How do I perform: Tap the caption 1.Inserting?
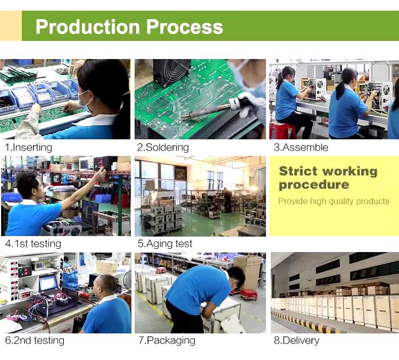(x=29, y=147)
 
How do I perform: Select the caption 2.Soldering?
(x=163, y=147)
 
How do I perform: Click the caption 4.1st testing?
(x=33, y=244)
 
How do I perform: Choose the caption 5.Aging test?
(x=165, y=244)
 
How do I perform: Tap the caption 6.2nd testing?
(x=35, y=340)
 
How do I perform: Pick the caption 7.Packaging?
(x=166, y=340)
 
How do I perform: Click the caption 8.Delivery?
(x=296, y=340)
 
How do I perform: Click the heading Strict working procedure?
(x=328, y=178)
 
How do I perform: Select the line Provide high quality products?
(x=334, y=201)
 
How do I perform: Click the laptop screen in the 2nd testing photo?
(x=48, y=283)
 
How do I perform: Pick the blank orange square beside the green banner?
(x=11, y=26)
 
